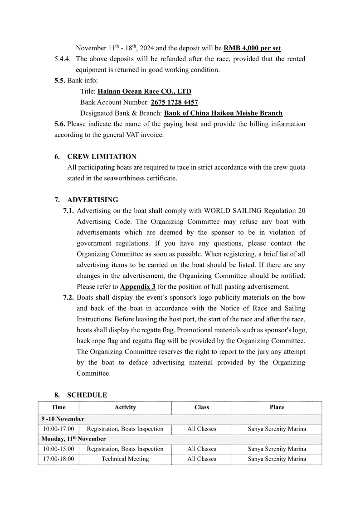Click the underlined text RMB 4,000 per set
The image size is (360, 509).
pyautogui.click(x=253, y=48)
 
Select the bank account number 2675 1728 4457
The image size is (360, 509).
pyautogui.click(x=174, y=102)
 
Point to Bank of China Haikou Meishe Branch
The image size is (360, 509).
pyautogui.click(x=223, y=113)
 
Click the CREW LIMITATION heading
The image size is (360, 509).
pyautogui.click(x=102, y=156)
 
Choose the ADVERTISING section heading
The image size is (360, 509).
pyautogui.click(x=92, y=200)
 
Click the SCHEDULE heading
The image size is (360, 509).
pyautogui.click(x=87, y=395)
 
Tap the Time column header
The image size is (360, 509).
pyautogui.click(x=58, y=407)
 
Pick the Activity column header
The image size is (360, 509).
pyautogui.click(x=125, y=407)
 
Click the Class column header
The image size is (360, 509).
pyautogui.click(x=202, y=407)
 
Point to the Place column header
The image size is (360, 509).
pyautogui.click(x=277, y=407)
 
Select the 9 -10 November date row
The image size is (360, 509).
pyautogui.click(x=63, y=419)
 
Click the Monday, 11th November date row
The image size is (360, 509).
pyautogui.click(x=73, y=439)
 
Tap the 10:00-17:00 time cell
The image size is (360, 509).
pyautogui.click(x=58, y=429)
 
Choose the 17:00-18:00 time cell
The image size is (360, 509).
pyautogui.click(x=58, y=459)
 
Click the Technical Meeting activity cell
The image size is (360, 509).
pyautogui.click(x=125, y=459)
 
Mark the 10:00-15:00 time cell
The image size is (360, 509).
pyautogui.click(x=58, y=449)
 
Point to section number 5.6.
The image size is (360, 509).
pyautogui.click(x=60, y=124)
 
